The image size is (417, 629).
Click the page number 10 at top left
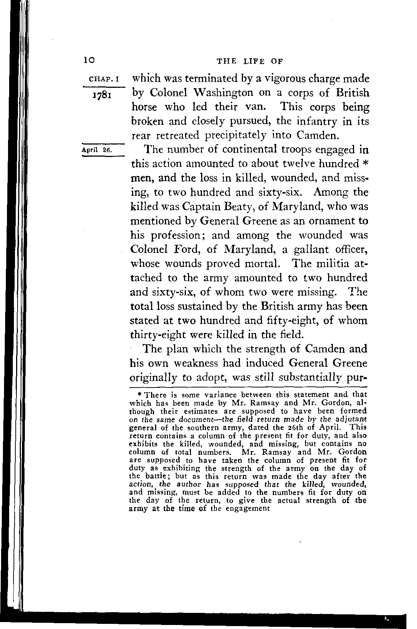tap(89, 60)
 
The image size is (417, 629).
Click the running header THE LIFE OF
tap(250, 61)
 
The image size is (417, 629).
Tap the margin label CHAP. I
tap(104, 79)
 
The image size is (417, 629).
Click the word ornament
tap(326, 221)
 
